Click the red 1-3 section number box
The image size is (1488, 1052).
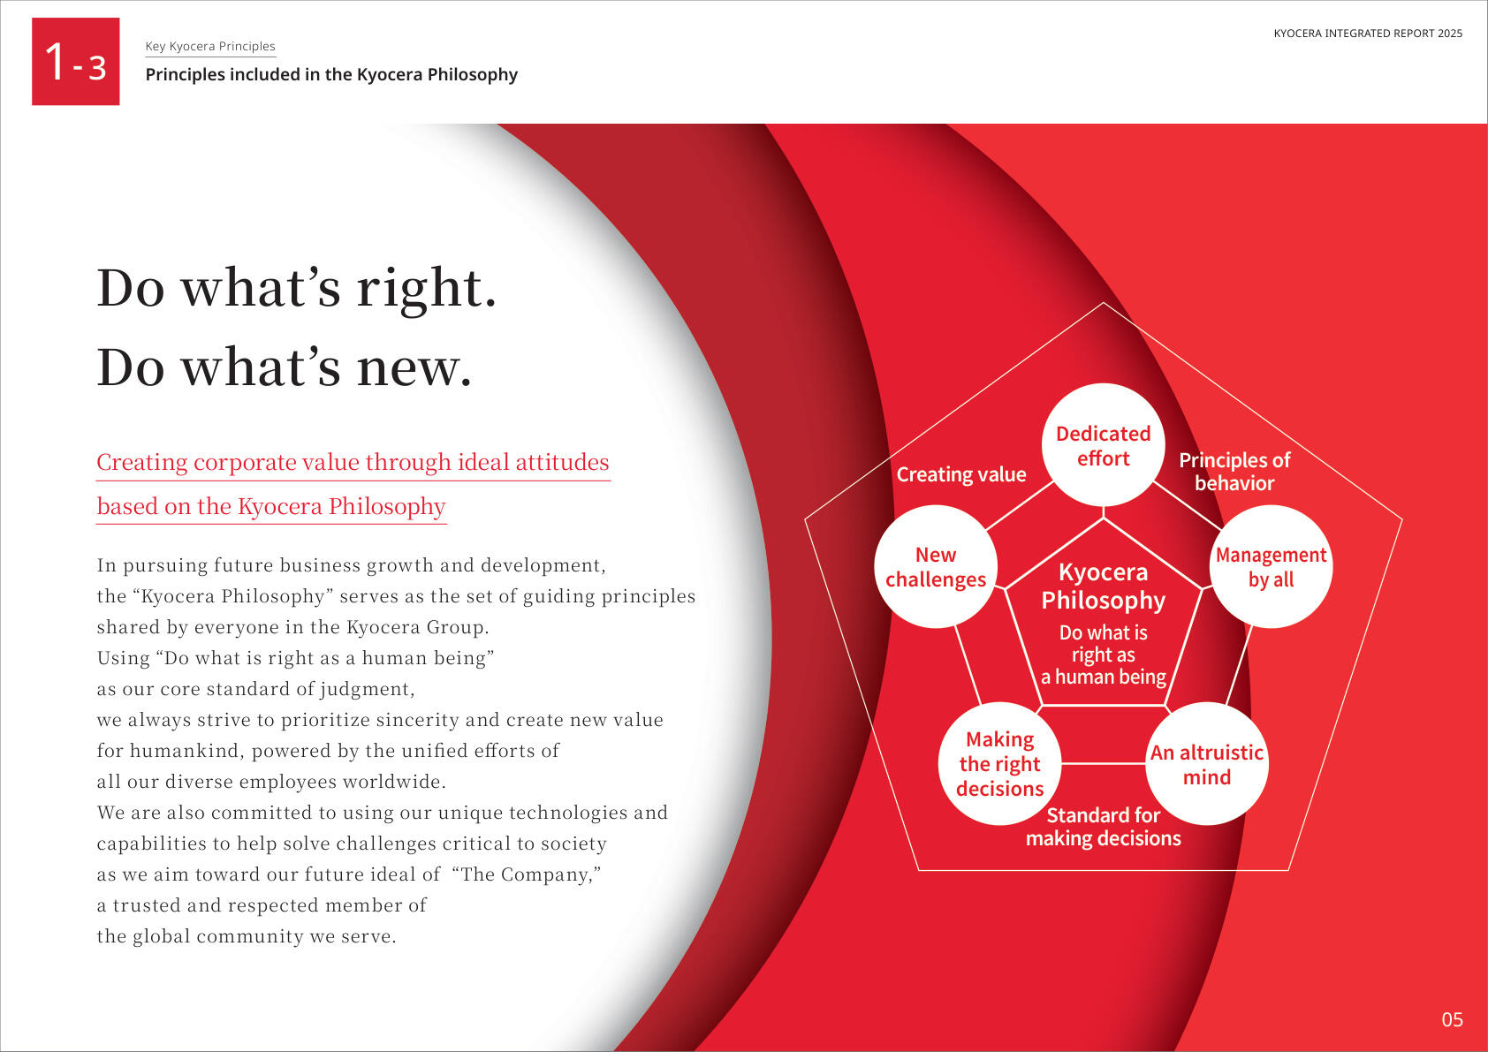(76, 61)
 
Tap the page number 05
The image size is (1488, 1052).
(1452, 1019)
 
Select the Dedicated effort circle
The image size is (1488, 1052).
(1104, 445)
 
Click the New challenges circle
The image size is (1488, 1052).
(936, 566)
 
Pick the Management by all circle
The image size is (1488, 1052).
(1271, 566)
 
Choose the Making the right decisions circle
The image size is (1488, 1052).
(999, 764)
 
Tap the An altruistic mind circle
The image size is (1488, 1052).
(1207, 764)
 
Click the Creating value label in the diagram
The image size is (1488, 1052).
(961, 474)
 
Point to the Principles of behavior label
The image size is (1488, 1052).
(1235, 471)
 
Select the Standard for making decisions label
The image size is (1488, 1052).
(1104, 827)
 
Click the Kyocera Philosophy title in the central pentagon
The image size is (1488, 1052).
(1104, 586)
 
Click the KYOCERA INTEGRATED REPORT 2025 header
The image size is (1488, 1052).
(1368, 34)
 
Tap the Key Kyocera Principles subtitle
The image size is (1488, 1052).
(210, 46)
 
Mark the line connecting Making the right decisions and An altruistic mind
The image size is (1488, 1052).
(1104, 764)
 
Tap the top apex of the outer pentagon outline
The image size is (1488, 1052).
(1104, 303)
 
